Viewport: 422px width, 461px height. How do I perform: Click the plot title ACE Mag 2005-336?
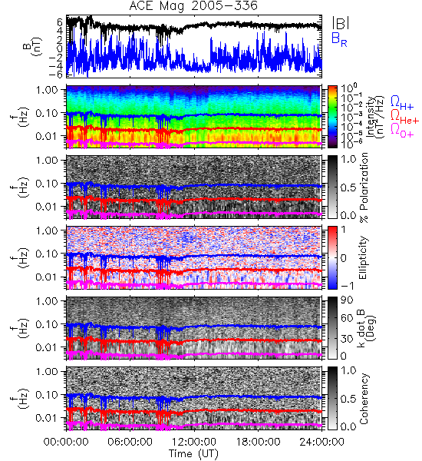tap(193, 6)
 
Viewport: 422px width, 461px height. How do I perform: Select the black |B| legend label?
tap(341, 23)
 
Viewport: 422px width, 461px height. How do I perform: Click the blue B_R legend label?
tap(339, 39)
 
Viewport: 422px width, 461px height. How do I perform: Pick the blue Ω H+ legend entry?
tap(402, 103)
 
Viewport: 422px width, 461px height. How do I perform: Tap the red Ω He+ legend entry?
tap(404, 117)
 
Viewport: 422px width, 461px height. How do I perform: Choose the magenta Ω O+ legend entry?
tap(402, 131)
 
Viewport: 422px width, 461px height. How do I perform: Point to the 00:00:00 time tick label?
tap(66, 442)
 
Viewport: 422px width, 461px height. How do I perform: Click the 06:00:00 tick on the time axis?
tap(130, 442)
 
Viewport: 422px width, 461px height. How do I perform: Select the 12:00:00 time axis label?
tap(194, 442)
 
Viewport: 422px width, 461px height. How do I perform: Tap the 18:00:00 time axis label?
tap(258, 442)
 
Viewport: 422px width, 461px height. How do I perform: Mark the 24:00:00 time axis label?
tap(321, 442)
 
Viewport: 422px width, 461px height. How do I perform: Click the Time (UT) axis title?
tap(194, 453)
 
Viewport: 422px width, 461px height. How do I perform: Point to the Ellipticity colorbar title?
tap(363, 257)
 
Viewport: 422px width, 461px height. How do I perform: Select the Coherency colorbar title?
tap(364, 399)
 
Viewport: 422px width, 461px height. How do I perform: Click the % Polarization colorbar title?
tap(364, 187)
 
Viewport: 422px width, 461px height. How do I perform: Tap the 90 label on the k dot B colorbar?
tap(347, 300)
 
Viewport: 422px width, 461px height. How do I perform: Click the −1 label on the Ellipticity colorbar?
tap(347, 286)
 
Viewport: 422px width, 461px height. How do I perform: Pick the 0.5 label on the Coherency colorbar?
tap(348, 399)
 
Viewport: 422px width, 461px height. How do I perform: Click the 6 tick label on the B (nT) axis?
tap(60, 22)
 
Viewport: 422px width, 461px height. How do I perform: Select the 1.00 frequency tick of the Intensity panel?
tap(48, 90)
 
